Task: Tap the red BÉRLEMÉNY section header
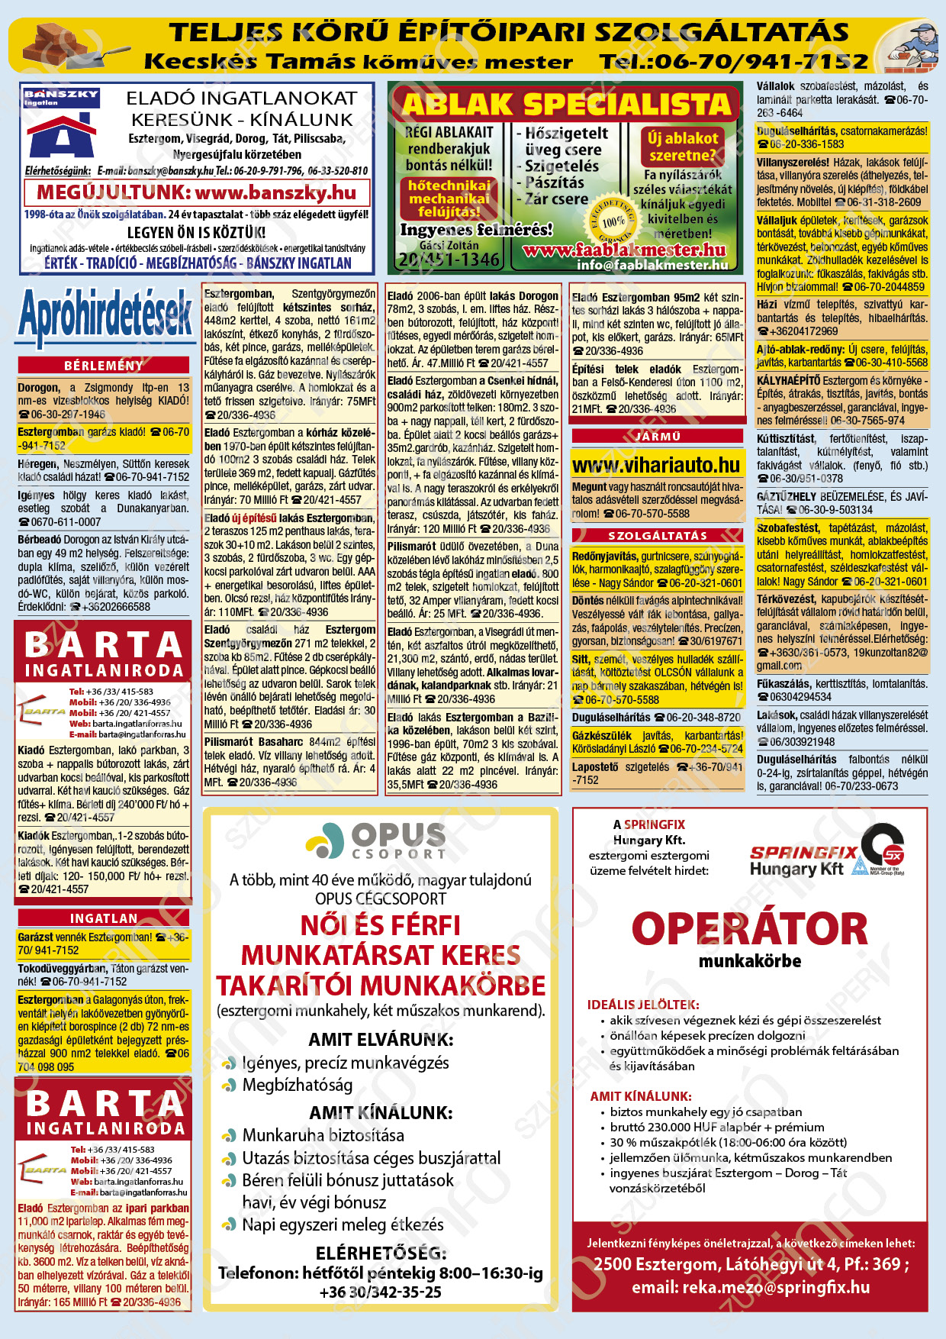click(104, 366)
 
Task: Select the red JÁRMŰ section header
click(657, 436)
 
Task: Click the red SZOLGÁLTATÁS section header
click(657, 536)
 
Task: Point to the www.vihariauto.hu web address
click(656, 465)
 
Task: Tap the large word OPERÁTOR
click(750, 929)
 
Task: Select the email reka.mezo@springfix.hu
click(751, 1287)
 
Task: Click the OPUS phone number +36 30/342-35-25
click(381, 1292)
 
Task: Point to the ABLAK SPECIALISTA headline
click(565, 105)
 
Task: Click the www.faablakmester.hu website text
click(624, 250)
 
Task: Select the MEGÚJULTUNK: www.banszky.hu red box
click(197, 192)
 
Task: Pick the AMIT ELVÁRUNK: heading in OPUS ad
click(381, 1039)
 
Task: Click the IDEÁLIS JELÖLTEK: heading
click(643, 1005)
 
